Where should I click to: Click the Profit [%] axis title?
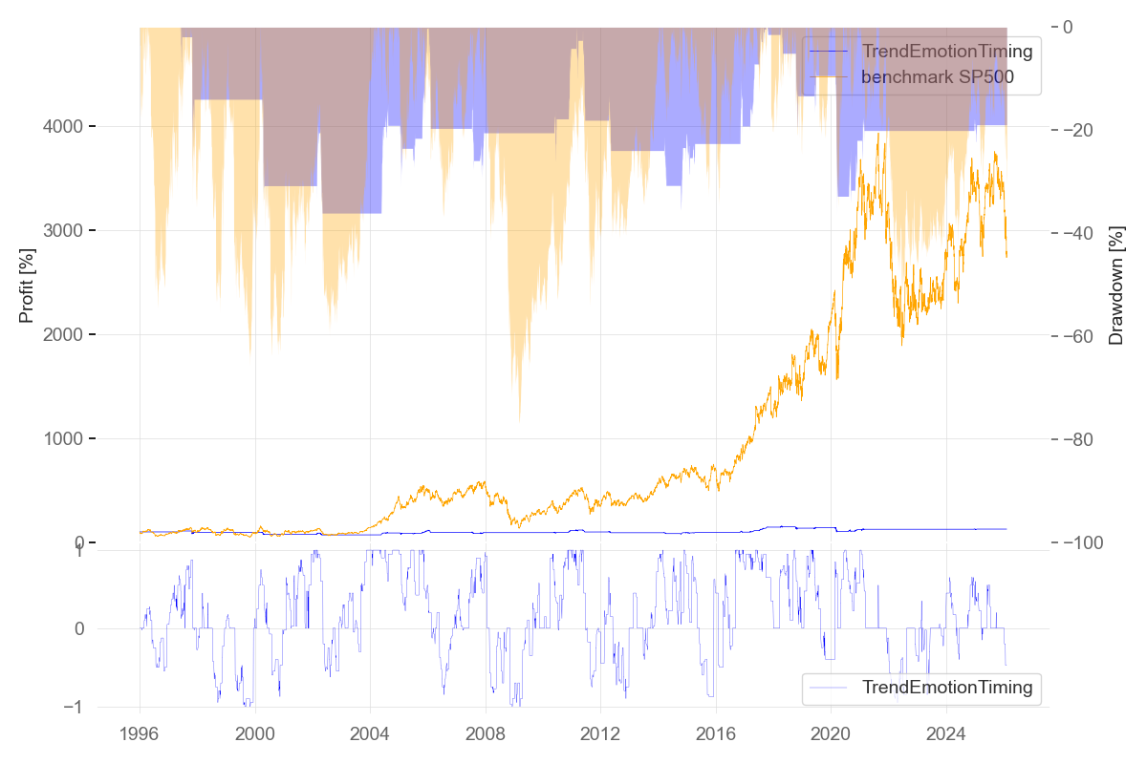point(27,286)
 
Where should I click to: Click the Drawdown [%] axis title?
point(1115,286)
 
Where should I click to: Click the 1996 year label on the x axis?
point(140,734)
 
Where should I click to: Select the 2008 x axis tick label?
point(485,734)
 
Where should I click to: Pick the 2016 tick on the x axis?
point(715,734)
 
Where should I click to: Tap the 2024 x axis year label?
point(945,734)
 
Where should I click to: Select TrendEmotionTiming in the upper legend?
point(946,52)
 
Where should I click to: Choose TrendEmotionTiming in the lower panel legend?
point(946,687)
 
